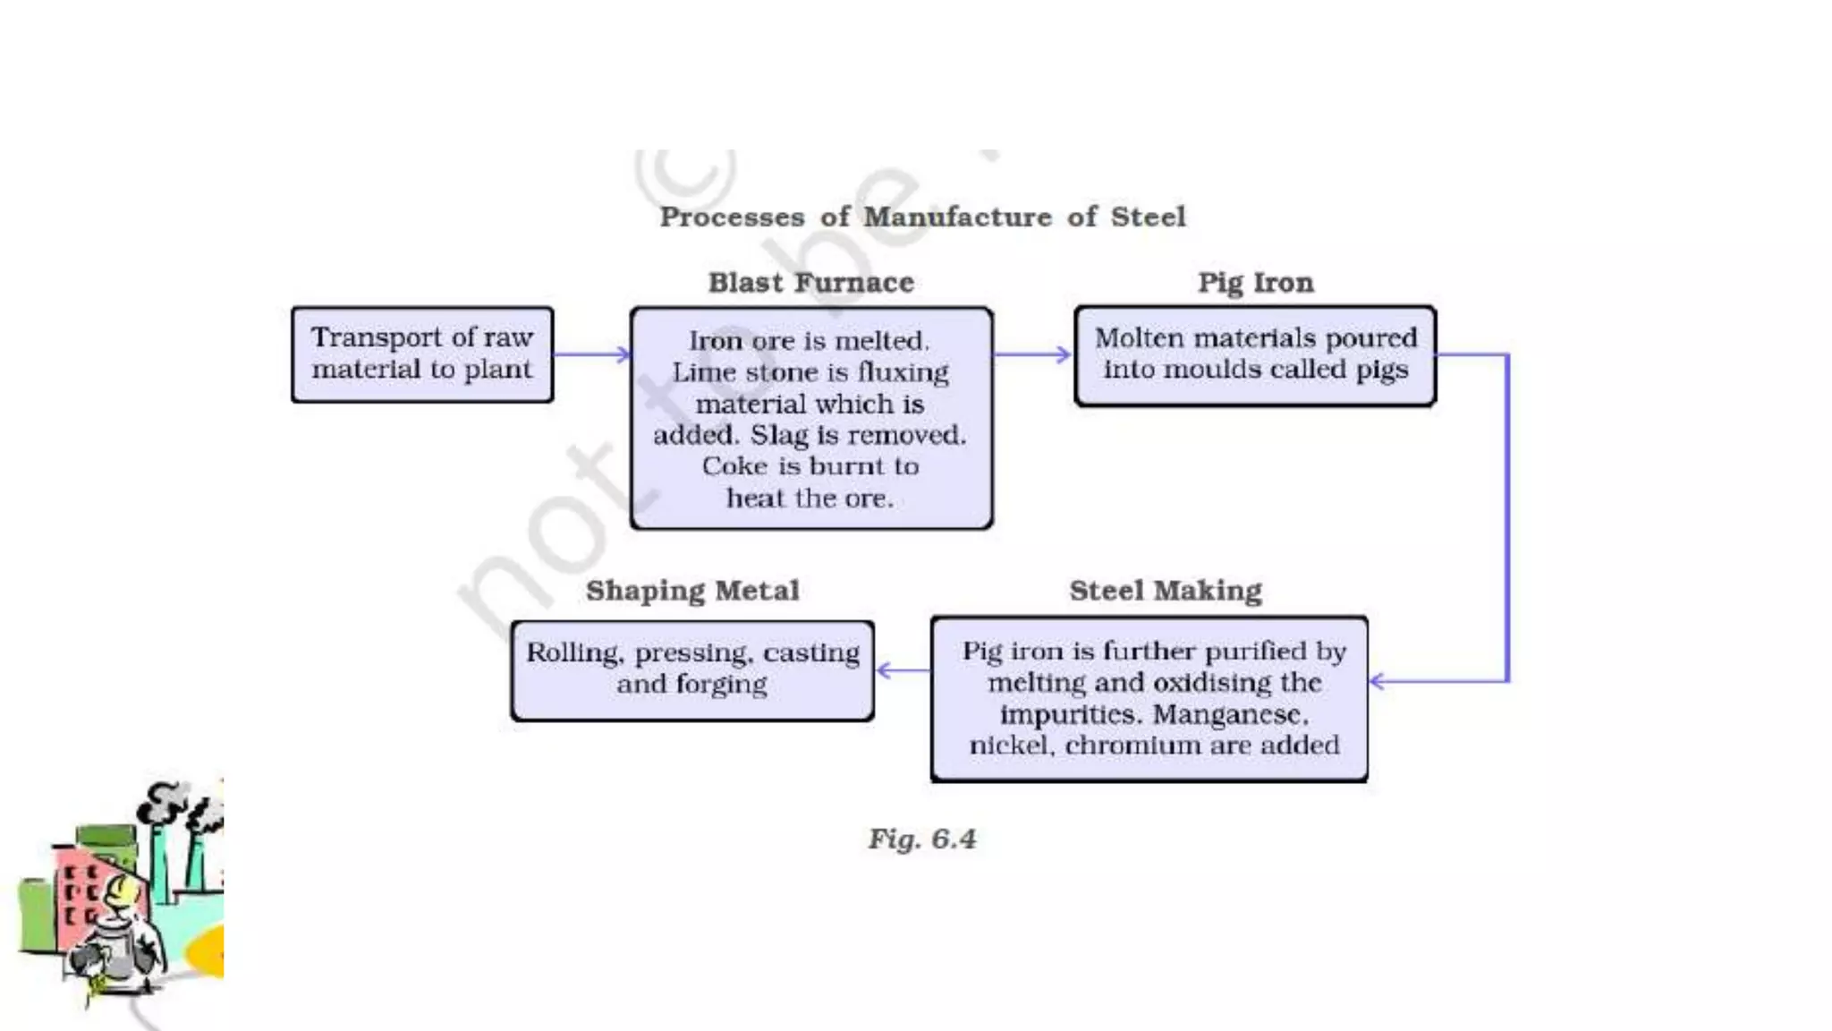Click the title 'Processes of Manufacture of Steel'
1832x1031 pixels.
pyautogui.click(x=922, y=217)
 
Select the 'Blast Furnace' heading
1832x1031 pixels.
pyautogui.click(x=810, y=283)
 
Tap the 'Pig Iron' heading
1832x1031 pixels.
pyautogui.click(x=1255, y=283)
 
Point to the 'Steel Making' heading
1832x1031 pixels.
pyautogui.click(x=1165, y=591)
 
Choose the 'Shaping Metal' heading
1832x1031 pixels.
pyautogui.click(x=692, y=591)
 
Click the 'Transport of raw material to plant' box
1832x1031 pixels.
pyautogui.click(x=422, y=354)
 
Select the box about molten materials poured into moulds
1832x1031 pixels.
pyautogui.click(x=1255, y=355)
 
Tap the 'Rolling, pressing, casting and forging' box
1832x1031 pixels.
pyautogui.click(x=692, y=669)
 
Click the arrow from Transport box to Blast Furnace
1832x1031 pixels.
pyautogui.click(x=591, y=354)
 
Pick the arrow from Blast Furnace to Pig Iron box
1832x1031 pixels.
pyautogui.click(x=1032, y=354)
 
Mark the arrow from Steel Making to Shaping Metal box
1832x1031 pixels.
pyautogui.click(x=903, y=670)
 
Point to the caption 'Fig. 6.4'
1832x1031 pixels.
pyautogui.click(x=922, y=839)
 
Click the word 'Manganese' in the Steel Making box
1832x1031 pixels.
pyautogui.click(x=1229, y=715)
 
